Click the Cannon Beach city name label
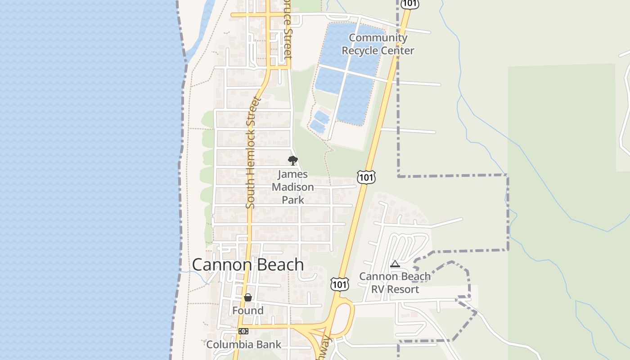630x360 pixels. (x=248, y=265)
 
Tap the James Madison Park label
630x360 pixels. (x=293, y=187)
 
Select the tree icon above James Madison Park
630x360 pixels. (x=293, y=161)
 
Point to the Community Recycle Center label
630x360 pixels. (x=378, y=44)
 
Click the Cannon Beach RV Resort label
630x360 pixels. (x=395, y=283)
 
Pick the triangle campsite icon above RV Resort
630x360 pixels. (x=395, y=264)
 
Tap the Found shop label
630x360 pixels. (x=248, y=310)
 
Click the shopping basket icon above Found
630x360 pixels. (x=248, y=297)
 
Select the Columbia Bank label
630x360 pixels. (x=243, y=345)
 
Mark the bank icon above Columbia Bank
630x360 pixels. (x=243, y=331)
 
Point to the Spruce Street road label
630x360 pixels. (x=288, y=38)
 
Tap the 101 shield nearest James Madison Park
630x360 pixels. (x=366, y=177)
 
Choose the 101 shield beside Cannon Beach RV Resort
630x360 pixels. (x=339, y=284)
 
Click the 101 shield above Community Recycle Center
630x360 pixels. (x=410, y=4)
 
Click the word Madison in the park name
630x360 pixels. (x=293, y=187)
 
